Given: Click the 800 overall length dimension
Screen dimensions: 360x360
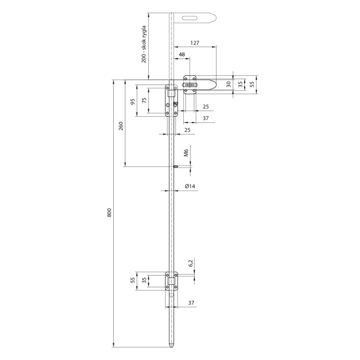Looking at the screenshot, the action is coord(109,213).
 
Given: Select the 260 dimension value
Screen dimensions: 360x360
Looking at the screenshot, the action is coord(121,126).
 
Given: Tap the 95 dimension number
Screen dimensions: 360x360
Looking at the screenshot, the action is coord(132,102).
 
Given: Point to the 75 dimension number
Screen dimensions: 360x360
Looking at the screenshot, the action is coord(144,100).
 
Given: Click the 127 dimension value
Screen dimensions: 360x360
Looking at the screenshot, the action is coord(195,43).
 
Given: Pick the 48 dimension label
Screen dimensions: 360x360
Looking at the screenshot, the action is coord(181,54).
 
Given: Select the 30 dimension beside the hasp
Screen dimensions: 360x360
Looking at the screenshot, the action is coord(228,84).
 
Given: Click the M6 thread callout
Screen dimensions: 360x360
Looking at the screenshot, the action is coord(186,153).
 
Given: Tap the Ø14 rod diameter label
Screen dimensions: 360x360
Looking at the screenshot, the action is coord(190,186).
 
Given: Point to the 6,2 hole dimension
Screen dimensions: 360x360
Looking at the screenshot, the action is coord(191,263).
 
